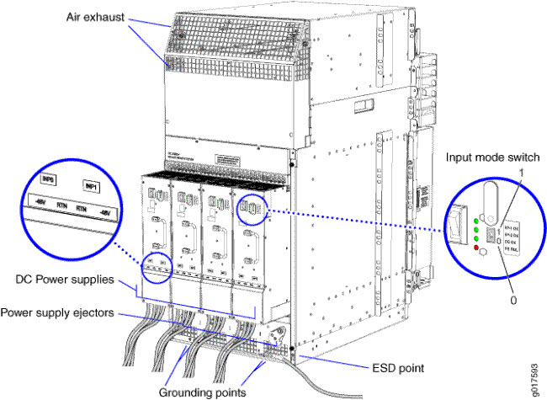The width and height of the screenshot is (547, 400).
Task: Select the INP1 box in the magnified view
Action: (x=89, y=184)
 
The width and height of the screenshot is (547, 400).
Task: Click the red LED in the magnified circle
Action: (x=475, y=247)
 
